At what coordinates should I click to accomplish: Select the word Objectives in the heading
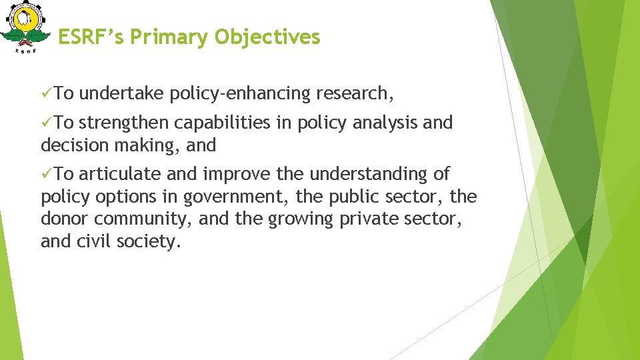267,37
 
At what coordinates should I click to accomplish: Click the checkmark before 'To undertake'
47,94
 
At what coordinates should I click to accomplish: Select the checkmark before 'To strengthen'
47,123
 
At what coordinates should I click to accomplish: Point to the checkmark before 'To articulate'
47,175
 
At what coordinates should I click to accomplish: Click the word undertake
124,94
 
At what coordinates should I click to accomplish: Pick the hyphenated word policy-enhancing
240,95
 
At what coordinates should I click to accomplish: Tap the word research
354,94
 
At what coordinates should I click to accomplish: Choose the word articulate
121,175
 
